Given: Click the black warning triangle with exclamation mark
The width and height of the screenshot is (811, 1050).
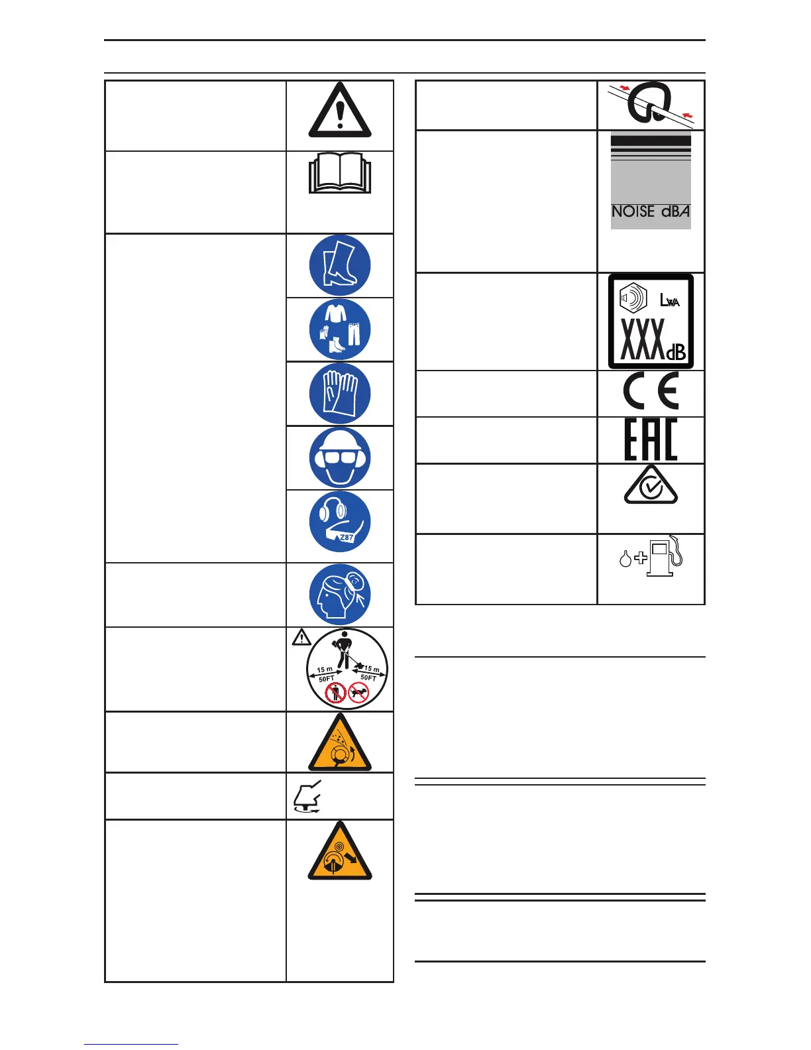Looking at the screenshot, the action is point(340,111).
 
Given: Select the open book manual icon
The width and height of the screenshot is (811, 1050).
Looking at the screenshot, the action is point(340,174).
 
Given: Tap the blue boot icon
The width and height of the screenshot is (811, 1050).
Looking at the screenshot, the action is point(340,265).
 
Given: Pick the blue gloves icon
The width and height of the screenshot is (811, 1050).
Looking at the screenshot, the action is point(340,394).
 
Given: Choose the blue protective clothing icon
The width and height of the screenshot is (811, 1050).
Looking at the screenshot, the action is point(340,329).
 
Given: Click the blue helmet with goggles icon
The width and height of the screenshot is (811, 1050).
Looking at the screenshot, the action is point(340,457).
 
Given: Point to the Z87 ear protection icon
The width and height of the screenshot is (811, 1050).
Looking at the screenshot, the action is point(340,522).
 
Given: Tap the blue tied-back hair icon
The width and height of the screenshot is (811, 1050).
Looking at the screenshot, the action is point(340,595).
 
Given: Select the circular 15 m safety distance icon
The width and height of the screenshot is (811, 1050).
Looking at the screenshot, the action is point(347,669).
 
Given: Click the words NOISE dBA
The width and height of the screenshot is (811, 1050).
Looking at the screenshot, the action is point(650,211).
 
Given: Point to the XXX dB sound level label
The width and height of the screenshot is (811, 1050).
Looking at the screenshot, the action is point(651,321).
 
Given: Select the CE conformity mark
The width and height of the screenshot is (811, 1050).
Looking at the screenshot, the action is point(651,392).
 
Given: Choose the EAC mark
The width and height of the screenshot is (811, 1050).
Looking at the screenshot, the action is point(651,439).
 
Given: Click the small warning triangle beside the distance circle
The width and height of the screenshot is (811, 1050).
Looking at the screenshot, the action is point(301,638).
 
